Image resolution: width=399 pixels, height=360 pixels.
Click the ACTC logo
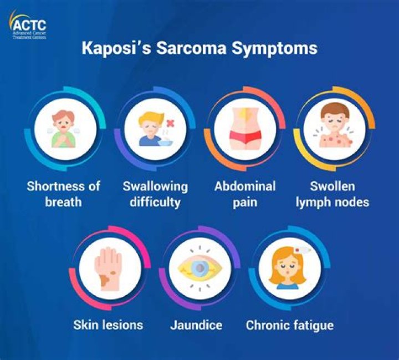(28, 25)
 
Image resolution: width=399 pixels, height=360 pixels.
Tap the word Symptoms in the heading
(274, 49)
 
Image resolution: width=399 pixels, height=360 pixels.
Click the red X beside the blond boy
(170, 124)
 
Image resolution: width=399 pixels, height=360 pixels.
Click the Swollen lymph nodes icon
(334, 129)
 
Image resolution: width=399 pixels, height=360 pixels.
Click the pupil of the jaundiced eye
(200, 268)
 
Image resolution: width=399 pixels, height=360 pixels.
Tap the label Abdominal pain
(245, 194)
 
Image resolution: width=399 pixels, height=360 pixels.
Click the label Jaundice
(196, 325)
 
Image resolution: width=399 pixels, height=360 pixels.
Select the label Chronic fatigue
(290, 326)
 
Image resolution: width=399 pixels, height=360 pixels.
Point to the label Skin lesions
(108, 325)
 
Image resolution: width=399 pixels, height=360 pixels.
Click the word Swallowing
(155, 187)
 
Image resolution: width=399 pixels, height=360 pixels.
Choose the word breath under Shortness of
(63, 202)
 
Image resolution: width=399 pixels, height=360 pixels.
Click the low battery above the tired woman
(303, 250)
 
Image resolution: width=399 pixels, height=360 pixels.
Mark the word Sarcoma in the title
(191, 48)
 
